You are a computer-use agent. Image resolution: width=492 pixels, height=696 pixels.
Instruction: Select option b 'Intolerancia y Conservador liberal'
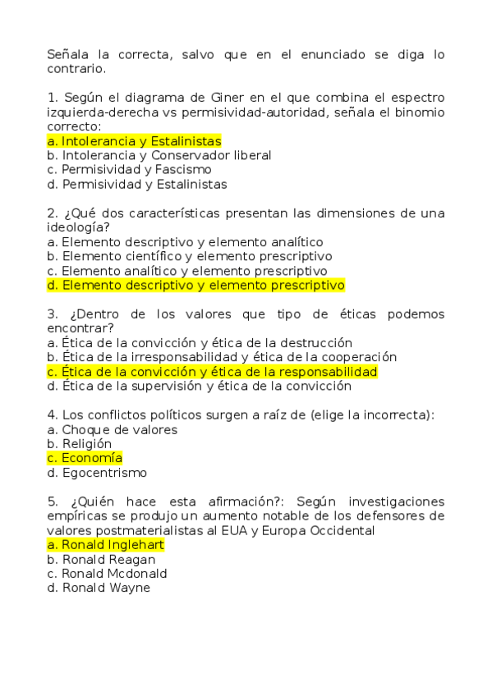tap(159, 155)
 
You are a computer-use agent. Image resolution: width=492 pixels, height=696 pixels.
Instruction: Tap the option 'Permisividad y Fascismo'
tap(129, 170)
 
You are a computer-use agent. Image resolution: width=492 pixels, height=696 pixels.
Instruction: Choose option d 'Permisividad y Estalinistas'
tap(136, 185)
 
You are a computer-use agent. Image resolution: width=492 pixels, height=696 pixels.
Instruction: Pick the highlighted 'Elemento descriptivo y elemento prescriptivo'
tap(195, 286)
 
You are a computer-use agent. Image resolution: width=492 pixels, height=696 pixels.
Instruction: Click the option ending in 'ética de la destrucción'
tap(200, 343)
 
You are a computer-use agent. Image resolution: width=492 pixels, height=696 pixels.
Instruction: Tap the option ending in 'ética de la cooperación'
tap(222, 357)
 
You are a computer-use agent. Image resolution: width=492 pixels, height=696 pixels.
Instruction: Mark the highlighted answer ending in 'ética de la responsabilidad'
tap(212, 372)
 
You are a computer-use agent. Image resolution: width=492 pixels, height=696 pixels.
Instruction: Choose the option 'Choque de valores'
tap(113, 429)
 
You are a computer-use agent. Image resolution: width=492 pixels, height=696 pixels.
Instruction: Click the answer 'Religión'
tap(80, 444)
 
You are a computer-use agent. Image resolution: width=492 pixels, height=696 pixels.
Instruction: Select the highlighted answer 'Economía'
tap(85, 458)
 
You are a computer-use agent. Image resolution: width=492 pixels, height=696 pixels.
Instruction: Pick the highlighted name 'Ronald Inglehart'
tap(106, 545)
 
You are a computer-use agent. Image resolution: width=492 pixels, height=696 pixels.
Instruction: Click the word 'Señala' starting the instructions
tap(67, 55)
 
